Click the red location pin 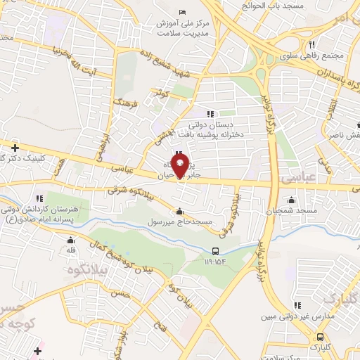pos(180,166)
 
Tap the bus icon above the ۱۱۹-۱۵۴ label pos(216,250)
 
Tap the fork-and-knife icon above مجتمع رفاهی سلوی pos(310,44)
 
